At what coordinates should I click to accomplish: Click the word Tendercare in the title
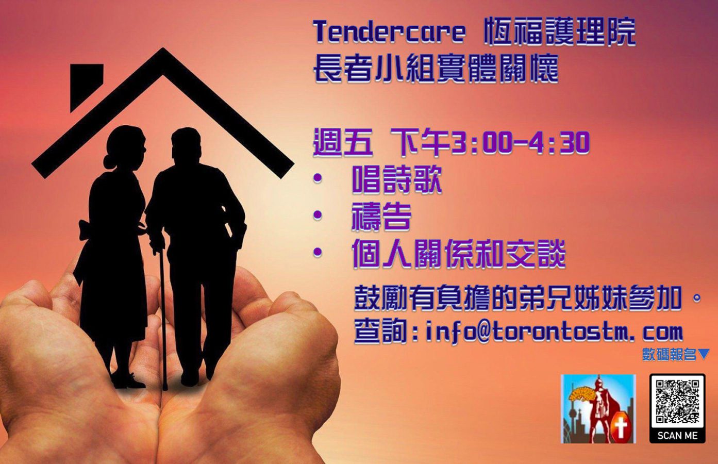point(389,31)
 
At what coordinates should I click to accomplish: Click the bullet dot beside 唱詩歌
point(318,178)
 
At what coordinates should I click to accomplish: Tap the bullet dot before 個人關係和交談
point(318,253)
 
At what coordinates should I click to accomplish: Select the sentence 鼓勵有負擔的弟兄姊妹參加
point(517,298)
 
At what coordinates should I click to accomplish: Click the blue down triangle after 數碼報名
point(703,355)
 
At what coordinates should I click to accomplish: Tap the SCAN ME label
point(677,436)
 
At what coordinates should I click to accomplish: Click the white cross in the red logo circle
point(621,429)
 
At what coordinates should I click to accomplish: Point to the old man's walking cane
point(163,317)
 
